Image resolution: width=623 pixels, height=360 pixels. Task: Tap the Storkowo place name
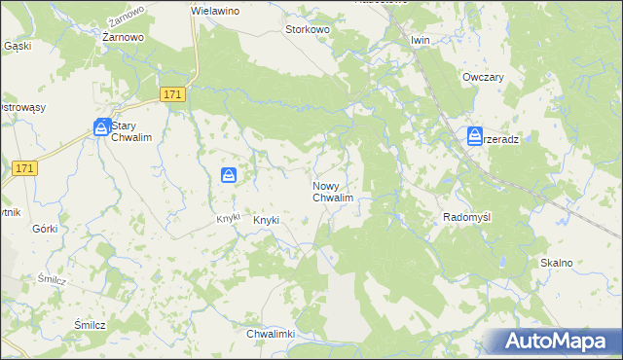(308, 30)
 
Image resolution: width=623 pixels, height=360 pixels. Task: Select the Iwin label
(420, 40)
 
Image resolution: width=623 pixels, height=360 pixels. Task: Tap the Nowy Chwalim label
(332, 192)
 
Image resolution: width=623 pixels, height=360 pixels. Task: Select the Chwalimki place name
(271, 334)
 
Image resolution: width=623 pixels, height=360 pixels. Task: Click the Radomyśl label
(470, 217)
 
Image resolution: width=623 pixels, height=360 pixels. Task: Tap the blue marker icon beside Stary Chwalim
(102, 127)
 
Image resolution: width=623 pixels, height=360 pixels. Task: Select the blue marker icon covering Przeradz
(475, 135)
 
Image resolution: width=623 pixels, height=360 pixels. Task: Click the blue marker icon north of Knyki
(228, 175)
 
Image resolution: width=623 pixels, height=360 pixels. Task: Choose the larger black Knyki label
(266, 220)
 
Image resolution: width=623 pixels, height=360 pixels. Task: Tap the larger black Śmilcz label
(90, 325)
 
